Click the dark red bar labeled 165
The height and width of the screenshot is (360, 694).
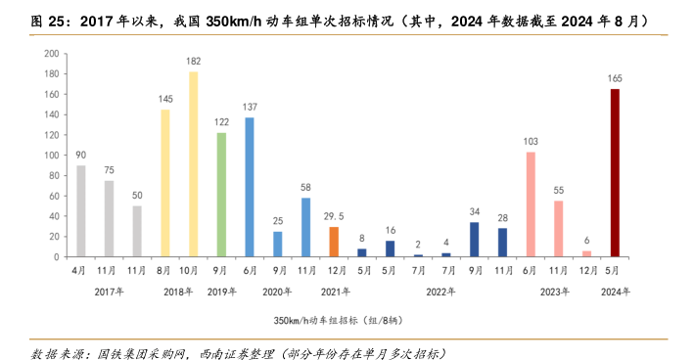click(615, 173)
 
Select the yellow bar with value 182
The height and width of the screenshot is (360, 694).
click(194, 164)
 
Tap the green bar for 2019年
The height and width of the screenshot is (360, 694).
click(221, 195)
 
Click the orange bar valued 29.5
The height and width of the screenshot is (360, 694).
click(334, 242)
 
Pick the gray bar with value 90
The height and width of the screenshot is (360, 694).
click(81, 211)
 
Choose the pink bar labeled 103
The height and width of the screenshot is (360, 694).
click(531, 204)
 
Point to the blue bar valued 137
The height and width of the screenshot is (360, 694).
click(250, 187)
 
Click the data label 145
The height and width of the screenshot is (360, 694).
click(165, 98)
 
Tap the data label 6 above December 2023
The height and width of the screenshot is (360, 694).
click(586, 240)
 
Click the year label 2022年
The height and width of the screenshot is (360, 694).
click(445, 292)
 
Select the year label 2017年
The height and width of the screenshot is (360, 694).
click(109, 292)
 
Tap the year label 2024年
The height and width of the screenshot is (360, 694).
click(615, 292)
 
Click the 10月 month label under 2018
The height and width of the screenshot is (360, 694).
click(194, 271)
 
